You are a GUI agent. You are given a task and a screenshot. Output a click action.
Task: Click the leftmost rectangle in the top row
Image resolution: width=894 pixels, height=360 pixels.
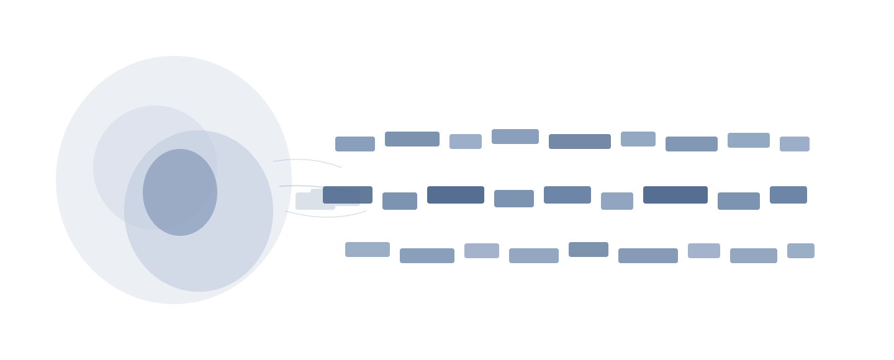click(x=355, y=144)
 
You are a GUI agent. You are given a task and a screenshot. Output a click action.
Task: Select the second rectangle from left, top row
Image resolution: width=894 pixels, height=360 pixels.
click(x=412, y=139)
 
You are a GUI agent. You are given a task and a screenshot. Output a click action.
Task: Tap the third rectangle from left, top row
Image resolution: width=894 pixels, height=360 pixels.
click(x=466, y=142)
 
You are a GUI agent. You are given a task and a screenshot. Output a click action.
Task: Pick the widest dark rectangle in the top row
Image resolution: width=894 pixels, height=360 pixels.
click(x=580, y=142)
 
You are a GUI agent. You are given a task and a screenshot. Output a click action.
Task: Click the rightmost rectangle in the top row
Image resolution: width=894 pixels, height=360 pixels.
click(x=795, y=144)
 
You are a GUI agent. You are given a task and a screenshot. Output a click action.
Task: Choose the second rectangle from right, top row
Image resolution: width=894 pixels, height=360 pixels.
click(x=749, y=140)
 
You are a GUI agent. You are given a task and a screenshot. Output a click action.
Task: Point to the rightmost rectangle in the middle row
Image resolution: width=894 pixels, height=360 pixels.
click(x=788, y=195)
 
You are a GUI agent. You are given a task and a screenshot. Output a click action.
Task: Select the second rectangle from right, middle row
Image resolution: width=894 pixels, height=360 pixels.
click(x=739, y=201)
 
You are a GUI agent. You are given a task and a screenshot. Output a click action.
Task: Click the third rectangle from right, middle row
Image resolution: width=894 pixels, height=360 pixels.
click(x=675, y=195)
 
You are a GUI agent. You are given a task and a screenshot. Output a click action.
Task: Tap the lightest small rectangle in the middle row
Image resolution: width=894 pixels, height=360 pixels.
click(x=617, y=201)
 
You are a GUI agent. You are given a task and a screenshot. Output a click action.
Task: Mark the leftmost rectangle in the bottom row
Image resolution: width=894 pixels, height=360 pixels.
click(x=368, y=250)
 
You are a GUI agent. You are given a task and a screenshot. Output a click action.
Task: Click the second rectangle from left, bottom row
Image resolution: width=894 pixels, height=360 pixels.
click(x=427, y=256)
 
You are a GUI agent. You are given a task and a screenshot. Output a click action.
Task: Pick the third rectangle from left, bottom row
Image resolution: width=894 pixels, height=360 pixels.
click(x=482, y=251)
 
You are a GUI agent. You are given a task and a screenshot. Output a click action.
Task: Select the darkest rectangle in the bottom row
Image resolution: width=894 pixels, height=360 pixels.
click(x=589, y=250)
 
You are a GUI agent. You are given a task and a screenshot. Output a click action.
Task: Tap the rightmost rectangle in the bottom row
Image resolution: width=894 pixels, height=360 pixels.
click(x=801, y=251)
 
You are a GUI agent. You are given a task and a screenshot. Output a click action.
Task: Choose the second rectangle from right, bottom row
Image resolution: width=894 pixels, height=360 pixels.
click(x=754, y=256)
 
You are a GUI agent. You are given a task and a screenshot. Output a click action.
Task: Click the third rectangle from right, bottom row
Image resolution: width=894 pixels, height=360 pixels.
click(x=704, y=251)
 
